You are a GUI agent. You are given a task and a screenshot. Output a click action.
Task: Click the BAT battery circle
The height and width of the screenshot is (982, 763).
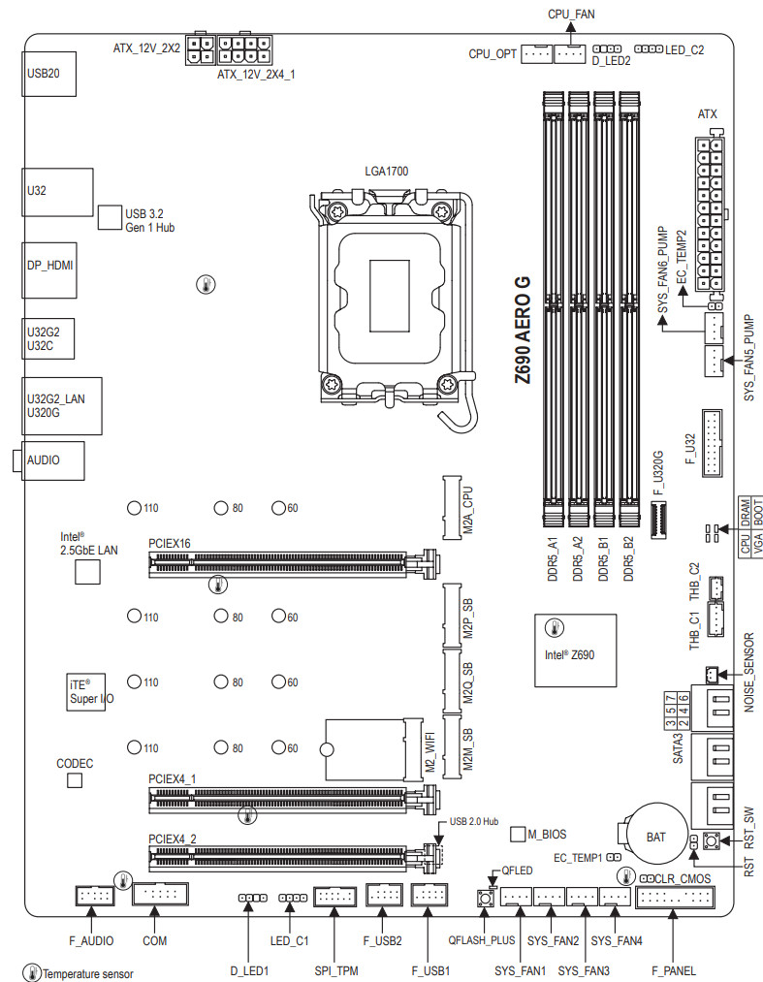pos(654,836)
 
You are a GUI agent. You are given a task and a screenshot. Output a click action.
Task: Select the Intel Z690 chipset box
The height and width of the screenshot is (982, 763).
pos(575,650)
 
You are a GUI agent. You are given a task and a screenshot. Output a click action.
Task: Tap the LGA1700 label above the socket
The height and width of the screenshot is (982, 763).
pos(387,171)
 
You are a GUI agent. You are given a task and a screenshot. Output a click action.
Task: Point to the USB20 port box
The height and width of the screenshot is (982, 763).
pos(48,74)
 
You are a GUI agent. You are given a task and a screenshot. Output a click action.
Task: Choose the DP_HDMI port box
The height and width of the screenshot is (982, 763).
pos(49,269)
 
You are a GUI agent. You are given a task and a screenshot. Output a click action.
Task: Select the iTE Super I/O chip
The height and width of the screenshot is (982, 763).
pos(86,692)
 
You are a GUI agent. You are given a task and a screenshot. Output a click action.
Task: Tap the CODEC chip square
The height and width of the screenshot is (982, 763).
pos(75,780)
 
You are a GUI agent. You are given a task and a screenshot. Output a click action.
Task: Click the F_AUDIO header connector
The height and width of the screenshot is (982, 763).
pos(95,896)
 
